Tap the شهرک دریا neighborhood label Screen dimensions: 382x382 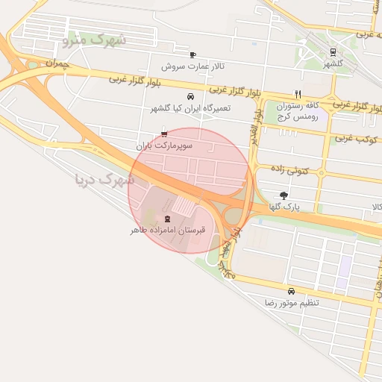(x=104, y=179)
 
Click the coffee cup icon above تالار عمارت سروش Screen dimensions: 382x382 (x=192, y=54)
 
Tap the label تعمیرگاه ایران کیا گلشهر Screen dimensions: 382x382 (x=190, y=109)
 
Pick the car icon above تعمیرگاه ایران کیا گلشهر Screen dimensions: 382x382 (x=190, y=96)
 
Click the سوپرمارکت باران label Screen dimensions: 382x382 (x=164, y=146)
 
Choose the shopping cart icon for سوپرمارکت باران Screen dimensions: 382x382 (x=164, y=134)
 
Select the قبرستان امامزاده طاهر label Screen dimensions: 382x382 (x=167, y=231)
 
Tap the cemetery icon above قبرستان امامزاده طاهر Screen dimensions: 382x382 (x=166, y=219)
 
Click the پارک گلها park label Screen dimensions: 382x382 (x=295, y=207)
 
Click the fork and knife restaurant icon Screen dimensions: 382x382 (x=298, y=94)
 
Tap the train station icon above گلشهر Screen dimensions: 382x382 (x=333, y=52)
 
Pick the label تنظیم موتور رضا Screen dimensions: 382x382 (x=292, y=304)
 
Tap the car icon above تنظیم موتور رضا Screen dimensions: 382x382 (x=291, y=291)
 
